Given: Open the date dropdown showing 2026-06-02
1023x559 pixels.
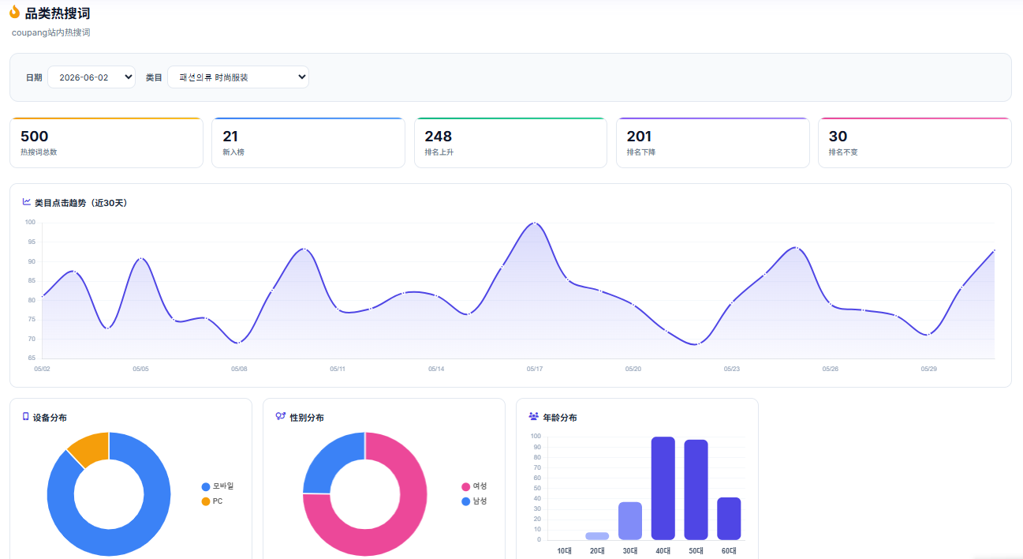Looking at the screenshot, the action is [91, 77].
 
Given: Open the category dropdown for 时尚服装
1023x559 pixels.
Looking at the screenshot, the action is [238, 77].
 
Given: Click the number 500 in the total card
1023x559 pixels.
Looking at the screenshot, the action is [34, 137].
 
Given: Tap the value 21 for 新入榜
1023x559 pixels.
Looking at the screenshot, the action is [230, 137].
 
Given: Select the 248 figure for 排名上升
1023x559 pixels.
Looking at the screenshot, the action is [438, 137].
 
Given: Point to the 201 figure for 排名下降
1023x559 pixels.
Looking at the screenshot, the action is [639, 137].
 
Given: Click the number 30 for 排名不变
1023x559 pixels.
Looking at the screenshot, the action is [838, 137].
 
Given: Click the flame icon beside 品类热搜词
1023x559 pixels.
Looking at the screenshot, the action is [15, 13].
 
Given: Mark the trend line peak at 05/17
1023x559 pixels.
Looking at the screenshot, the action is [535, 223].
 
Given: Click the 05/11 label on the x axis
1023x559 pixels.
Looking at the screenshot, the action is [338, 369].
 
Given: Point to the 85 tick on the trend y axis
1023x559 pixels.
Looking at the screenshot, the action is [32, 280].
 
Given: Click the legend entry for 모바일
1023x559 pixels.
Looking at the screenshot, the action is [218, 486].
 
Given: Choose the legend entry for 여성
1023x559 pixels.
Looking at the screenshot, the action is [474, 486].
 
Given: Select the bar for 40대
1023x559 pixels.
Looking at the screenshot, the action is [663, 488].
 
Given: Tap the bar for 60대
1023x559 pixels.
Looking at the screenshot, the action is [729, 519].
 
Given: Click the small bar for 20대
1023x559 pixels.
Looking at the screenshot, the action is [597, 536].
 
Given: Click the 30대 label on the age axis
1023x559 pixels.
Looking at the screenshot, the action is [630, 551].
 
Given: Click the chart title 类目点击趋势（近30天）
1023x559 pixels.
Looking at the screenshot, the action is [80, 203].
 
